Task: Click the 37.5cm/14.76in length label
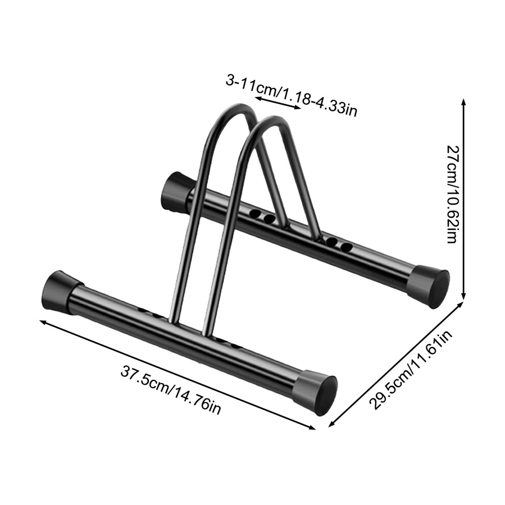coord(171,390)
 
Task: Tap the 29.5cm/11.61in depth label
coord(411,370)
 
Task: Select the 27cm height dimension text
coord(452,194)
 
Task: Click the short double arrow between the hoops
coord(278,103)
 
